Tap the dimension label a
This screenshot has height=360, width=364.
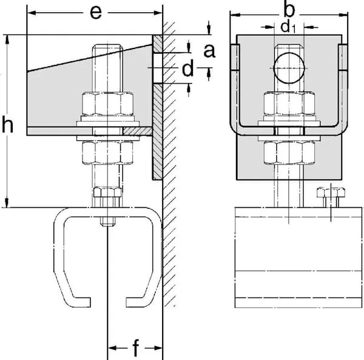(x=208, y=52)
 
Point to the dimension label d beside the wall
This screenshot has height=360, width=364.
(x=187, y=69)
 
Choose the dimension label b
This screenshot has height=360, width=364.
(x=289, y=8)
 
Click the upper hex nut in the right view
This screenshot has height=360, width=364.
(x=288, y=104)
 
